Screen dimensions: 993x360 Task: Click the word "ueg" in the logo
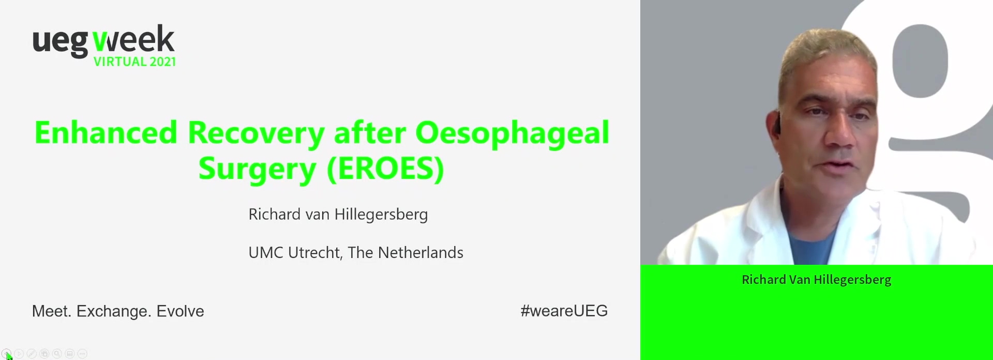pos(61,42)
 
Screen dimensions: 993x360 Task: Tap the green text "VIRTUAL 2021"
pos(134,62)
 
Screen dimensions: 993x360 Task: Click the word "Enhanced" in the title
pos(106,132)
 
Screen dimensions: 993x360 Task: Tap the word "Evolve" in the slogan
pos(180,311)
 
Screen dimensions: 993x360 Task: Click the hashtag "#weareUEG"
pos(564,311)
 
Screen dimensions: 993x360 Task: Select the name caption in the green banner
pos(816,280)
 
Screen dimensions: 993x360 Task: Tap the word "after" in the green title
pos(370,132)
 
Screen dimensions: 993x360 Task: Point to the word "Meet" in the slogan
pos(51,311)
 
